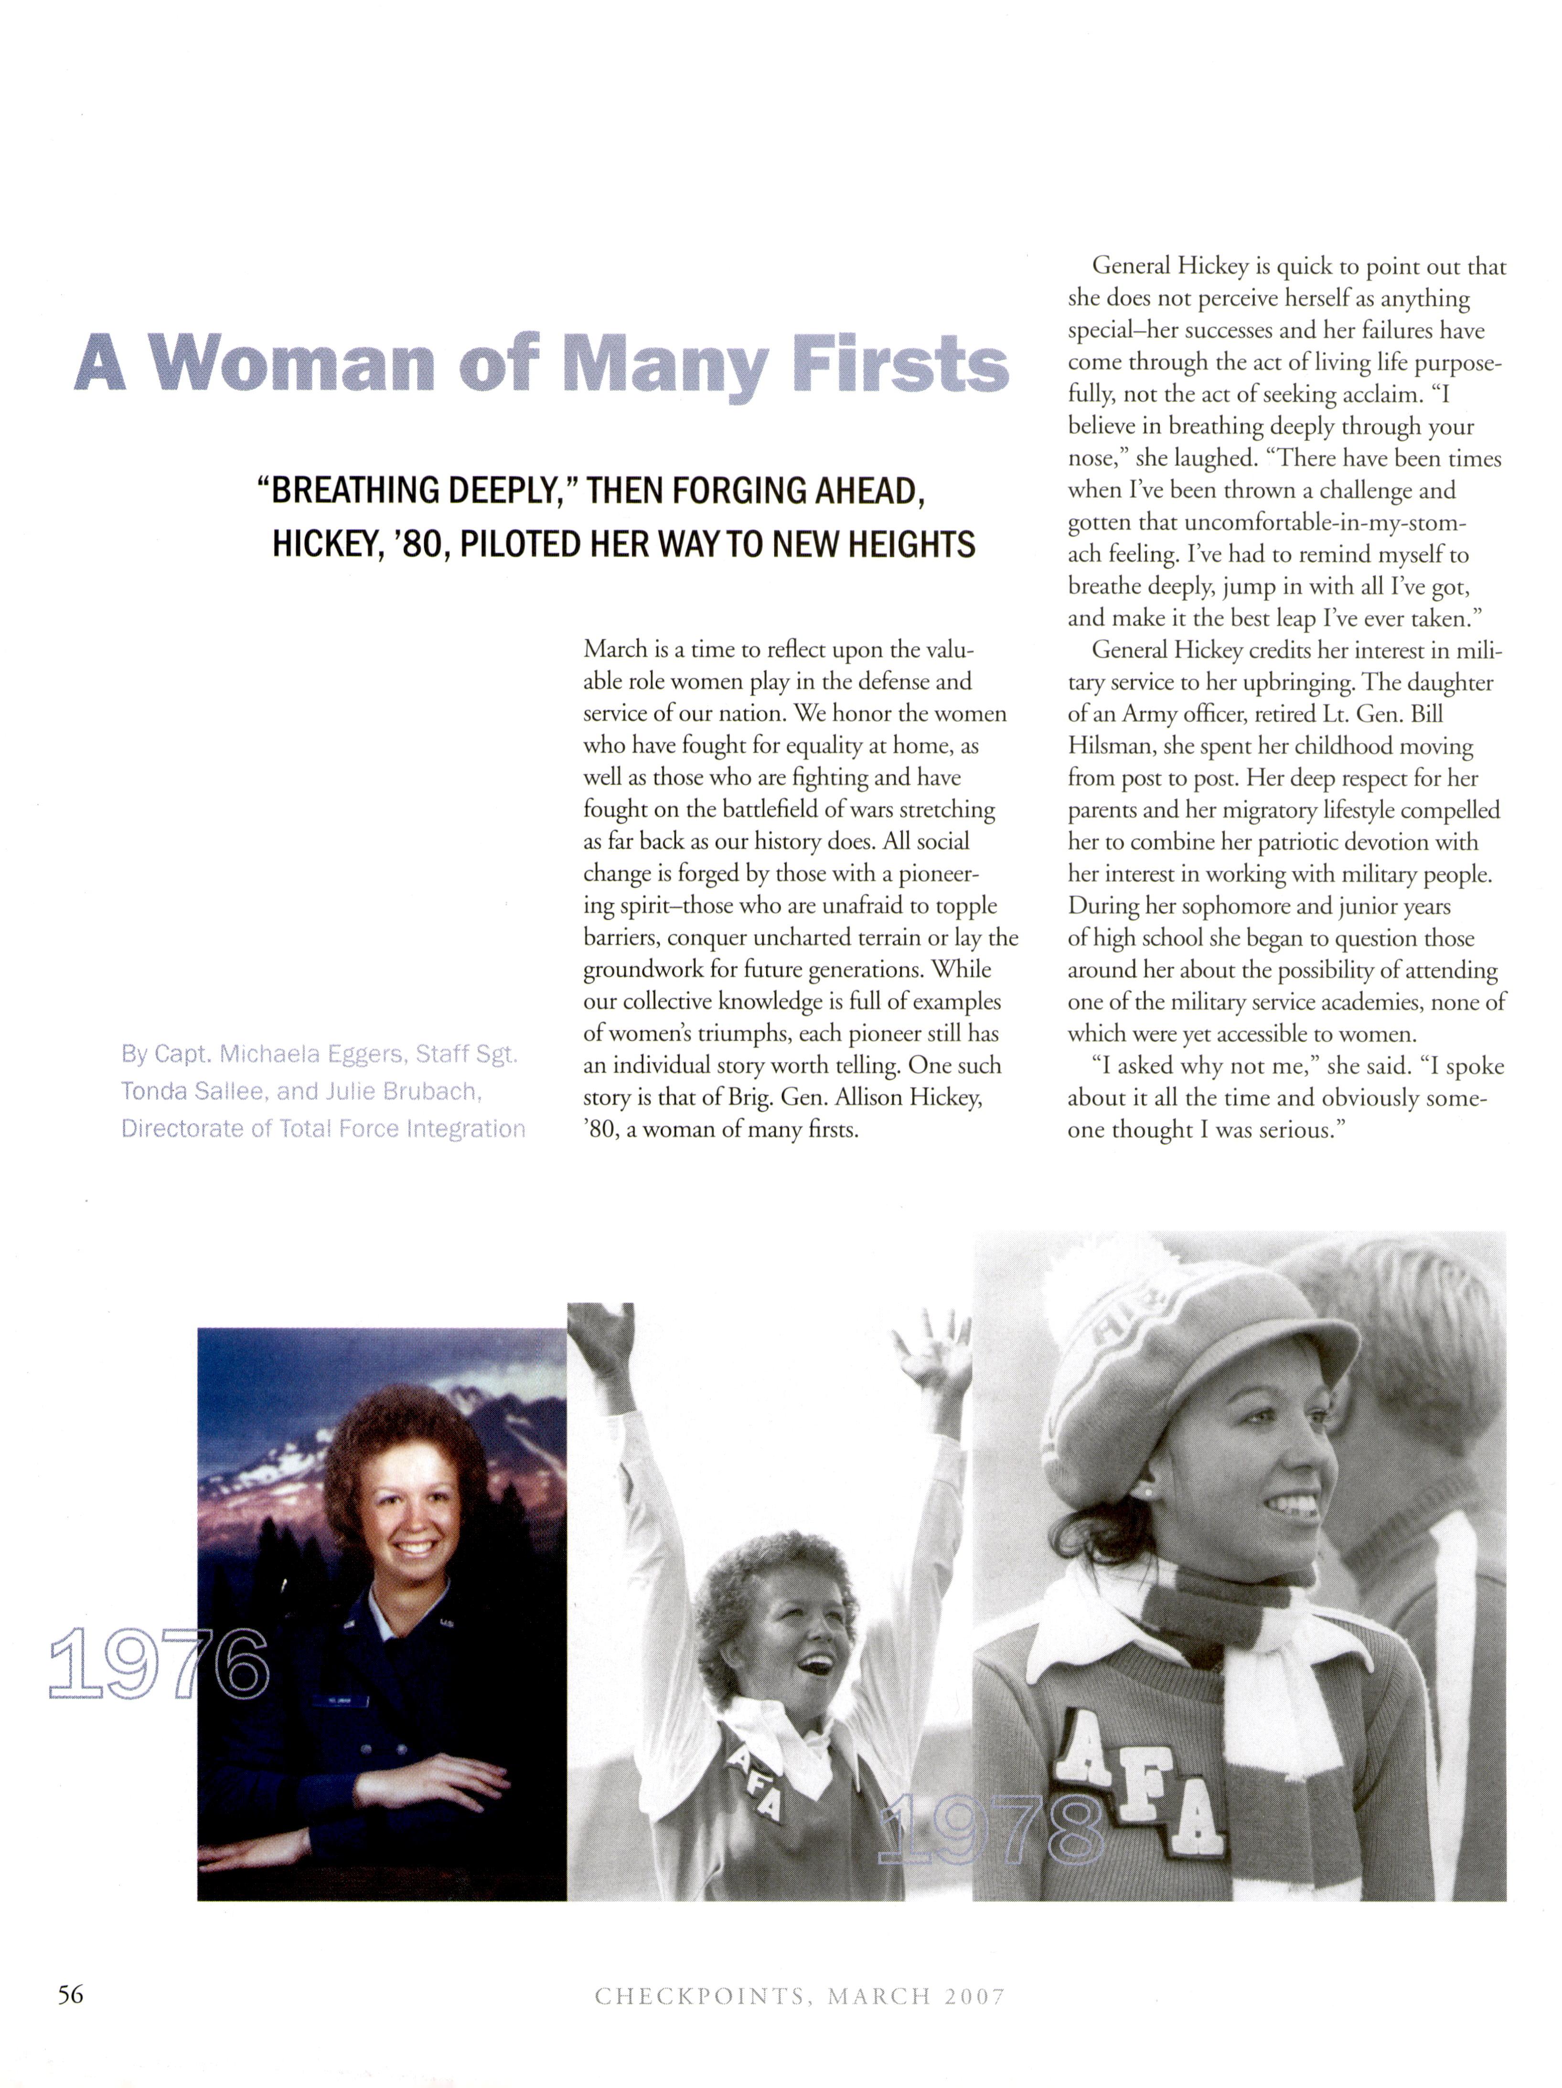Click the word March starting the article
tap(614, 649)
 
